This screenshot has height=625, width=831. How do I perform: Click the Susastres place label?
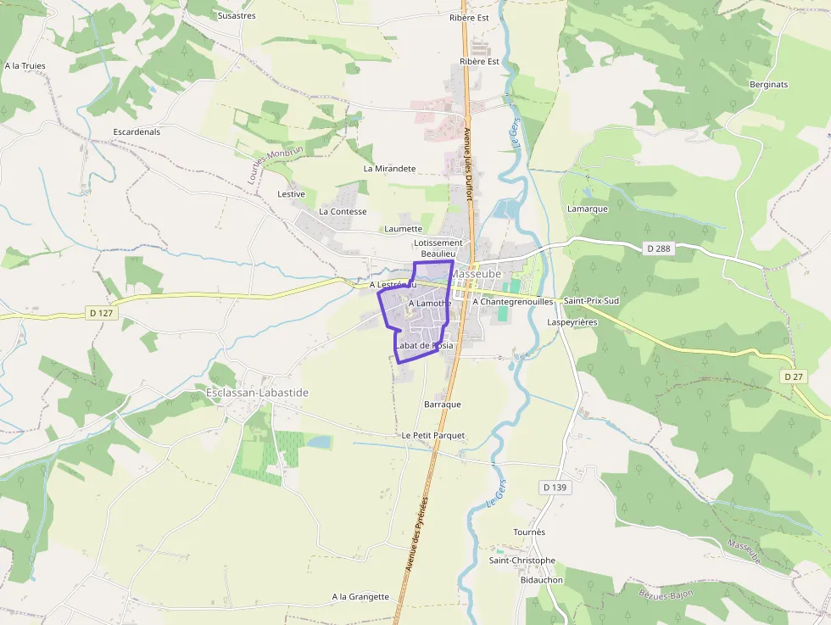tap(237, 15)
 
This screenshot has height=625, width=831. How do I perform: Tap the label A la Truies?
tap(25, 65)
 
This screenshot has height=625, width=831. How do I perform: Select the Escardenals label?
tap(137, 131)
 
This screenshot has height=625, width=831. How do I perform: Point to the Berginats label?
tap(769, 85)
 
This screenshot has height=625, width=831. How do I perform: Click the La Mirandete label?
tap(389, 168)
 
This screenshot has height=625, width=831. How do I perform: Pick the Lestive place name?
tap(291, 194)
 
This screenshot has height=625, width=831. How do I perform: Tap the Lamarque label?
tap(588, 209)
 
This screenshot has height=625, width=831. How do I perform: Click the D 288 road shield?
tap(657, 248)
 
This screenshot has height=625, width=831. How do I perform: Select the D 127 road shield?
tap(101, 313)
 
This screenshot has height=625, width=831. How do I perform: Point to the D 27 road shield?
tap(793, 376)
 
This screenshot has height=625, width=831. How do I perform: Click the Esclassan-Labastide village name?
tap(257, 393)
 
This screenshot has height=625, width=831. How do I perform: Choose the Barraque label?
tap(443, 405)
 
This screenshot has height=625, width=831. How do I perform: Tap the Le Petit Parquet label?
tap(433, 435)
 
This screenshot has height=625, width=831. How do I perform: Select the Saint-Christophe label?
tap(522, 560)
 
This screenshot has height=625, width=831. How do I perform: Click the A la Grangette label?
tap(360, 596)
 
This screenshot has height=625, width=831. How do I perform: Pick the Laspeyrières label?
tap(572, 322)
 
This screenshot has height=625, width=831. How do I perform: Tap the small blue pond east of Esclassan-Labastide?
tap(319, 442)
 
